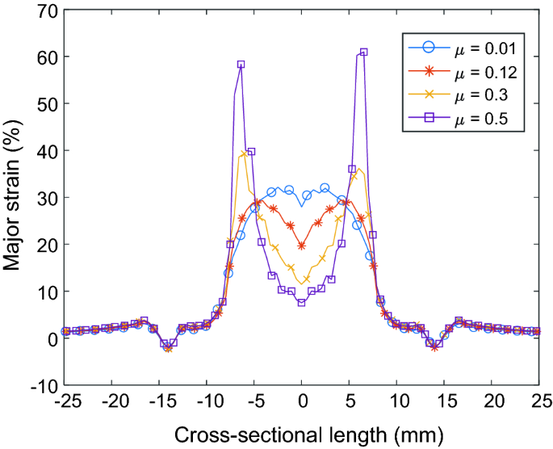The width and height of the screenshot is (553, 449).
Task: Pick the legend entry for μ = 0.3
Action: (468, 96)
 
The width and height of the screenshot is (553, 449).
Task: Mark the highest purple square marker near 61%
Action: (363, 52)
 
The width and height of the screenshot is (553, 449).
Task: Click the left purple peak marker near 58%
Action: (241, 65)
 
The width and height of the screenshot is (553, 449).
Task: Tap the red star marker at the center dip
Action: (302, 245)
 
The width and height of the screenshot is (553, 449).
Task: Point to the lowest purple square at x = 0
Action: (301, 303)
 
